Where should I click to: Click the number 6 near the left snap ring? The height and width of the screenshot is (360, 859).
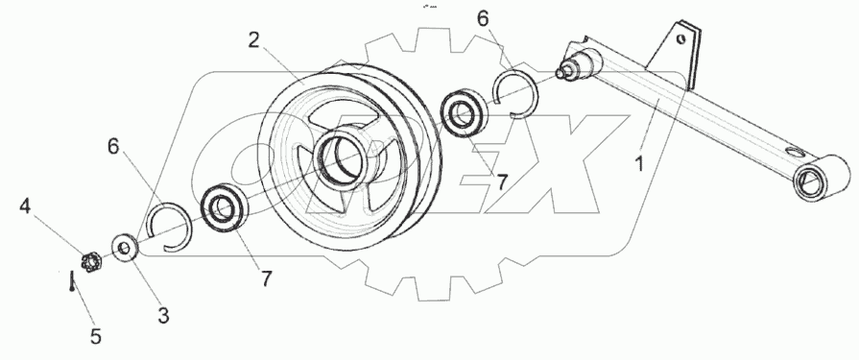pos(114,146)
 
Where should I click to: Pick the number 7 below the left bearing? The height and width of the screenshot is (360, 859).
pos(265,279)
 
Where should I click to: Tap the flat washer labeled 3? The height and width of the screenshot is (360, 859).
pos(124,246)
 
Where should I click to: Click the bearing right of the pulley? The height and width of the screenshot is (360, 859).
pos(465,111)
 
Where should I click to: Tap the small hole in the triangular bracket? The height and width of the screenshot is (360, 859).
pos(681,38)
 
